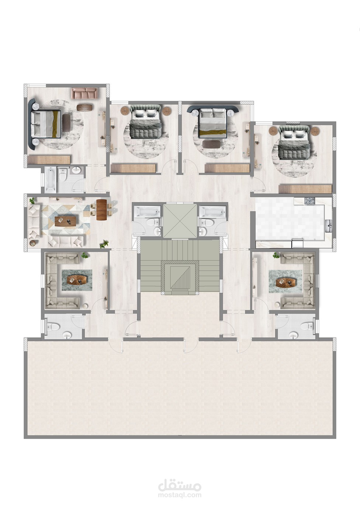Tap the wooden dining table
click(x=101, y=209)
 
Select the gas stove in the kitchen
click(x=309, y=201)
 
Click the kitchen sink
click(x=328, y=226)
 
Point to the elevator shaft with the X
click(x=180, y=221)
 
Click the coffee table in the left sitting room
click(x=77, y=280)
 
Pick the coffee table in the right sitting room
click(x=285, y=282)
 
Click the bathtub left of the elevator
click(x=147, y=211)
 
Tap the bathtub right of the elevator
click(x=212, y=211)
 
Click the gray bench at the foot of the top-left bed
click(x=67, y=123)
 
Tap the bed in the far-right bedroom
click(x=294, y=143)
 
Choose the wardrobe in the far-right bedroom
click(x=305, y=189)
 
